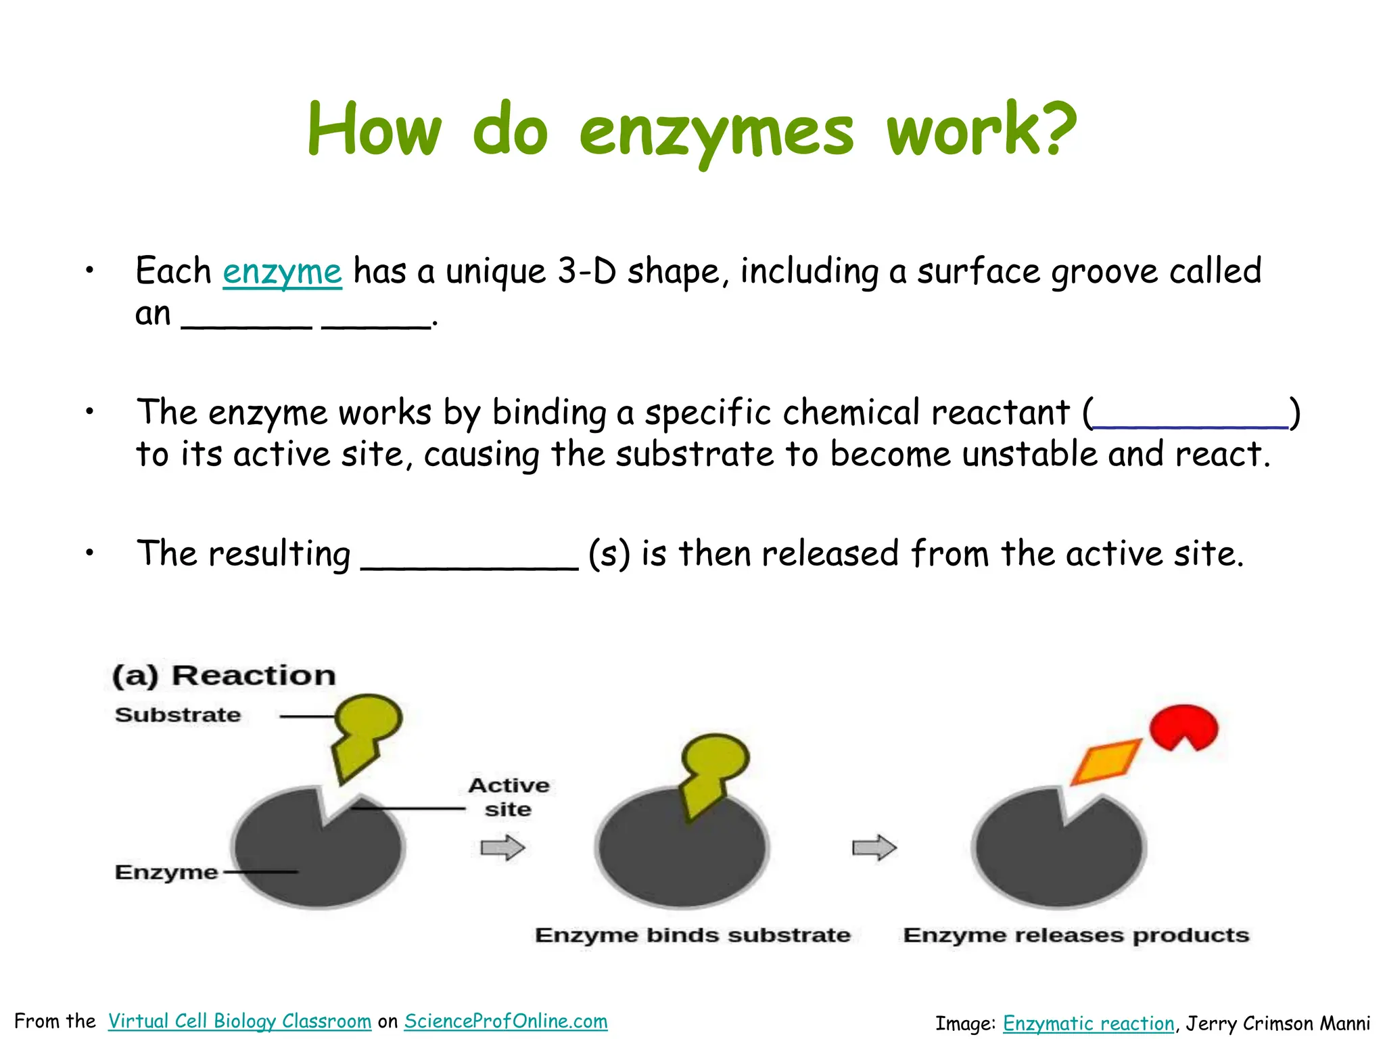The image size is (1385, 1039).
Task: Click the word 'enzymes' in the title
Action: click(x=717, y=132)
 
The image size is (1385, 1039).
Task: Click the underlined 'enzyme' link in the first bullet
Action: click(x=282, y=272)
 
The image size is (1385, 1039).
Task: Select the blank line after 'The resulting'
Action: click(x=469, y=565)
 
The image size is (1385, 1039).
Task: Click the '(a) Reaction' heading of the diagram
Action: click(x=224, y=676)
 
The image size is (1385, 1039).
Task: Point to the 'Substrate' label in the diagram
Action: click(x=178, y=715)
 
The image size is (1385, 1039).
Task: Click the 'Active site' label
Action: click(x=509, y=797)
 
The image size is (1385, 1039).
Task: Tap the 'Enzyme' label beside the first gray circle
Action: click(x=166, y=872)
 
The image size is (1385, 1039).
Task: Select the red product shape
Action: click(x=1183, y=727)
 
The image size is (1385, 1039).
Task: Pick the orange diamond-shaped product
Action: click(x=1106, y=761)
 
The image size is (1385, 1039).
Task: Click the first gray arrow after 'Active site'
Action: click(x=502, y=848)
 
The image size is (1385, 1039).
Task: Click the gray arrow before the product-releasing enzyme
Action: click(x=874, y=848)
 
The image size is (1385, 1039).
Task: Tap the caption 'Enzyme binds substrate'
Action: click(x=692, y=935)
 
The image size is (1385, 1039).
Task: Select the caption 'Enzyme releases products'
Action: click(x=1076, y=935)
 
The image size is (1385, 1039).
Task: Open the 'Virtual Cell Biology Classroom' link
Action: click(x=239, y=1021)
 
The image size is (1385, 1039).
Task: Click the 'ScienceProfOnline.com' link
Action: click(x=506, y=1021)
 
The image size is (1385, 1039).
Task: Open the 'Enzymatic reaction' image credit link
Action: click(x=1089, y=1023)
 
